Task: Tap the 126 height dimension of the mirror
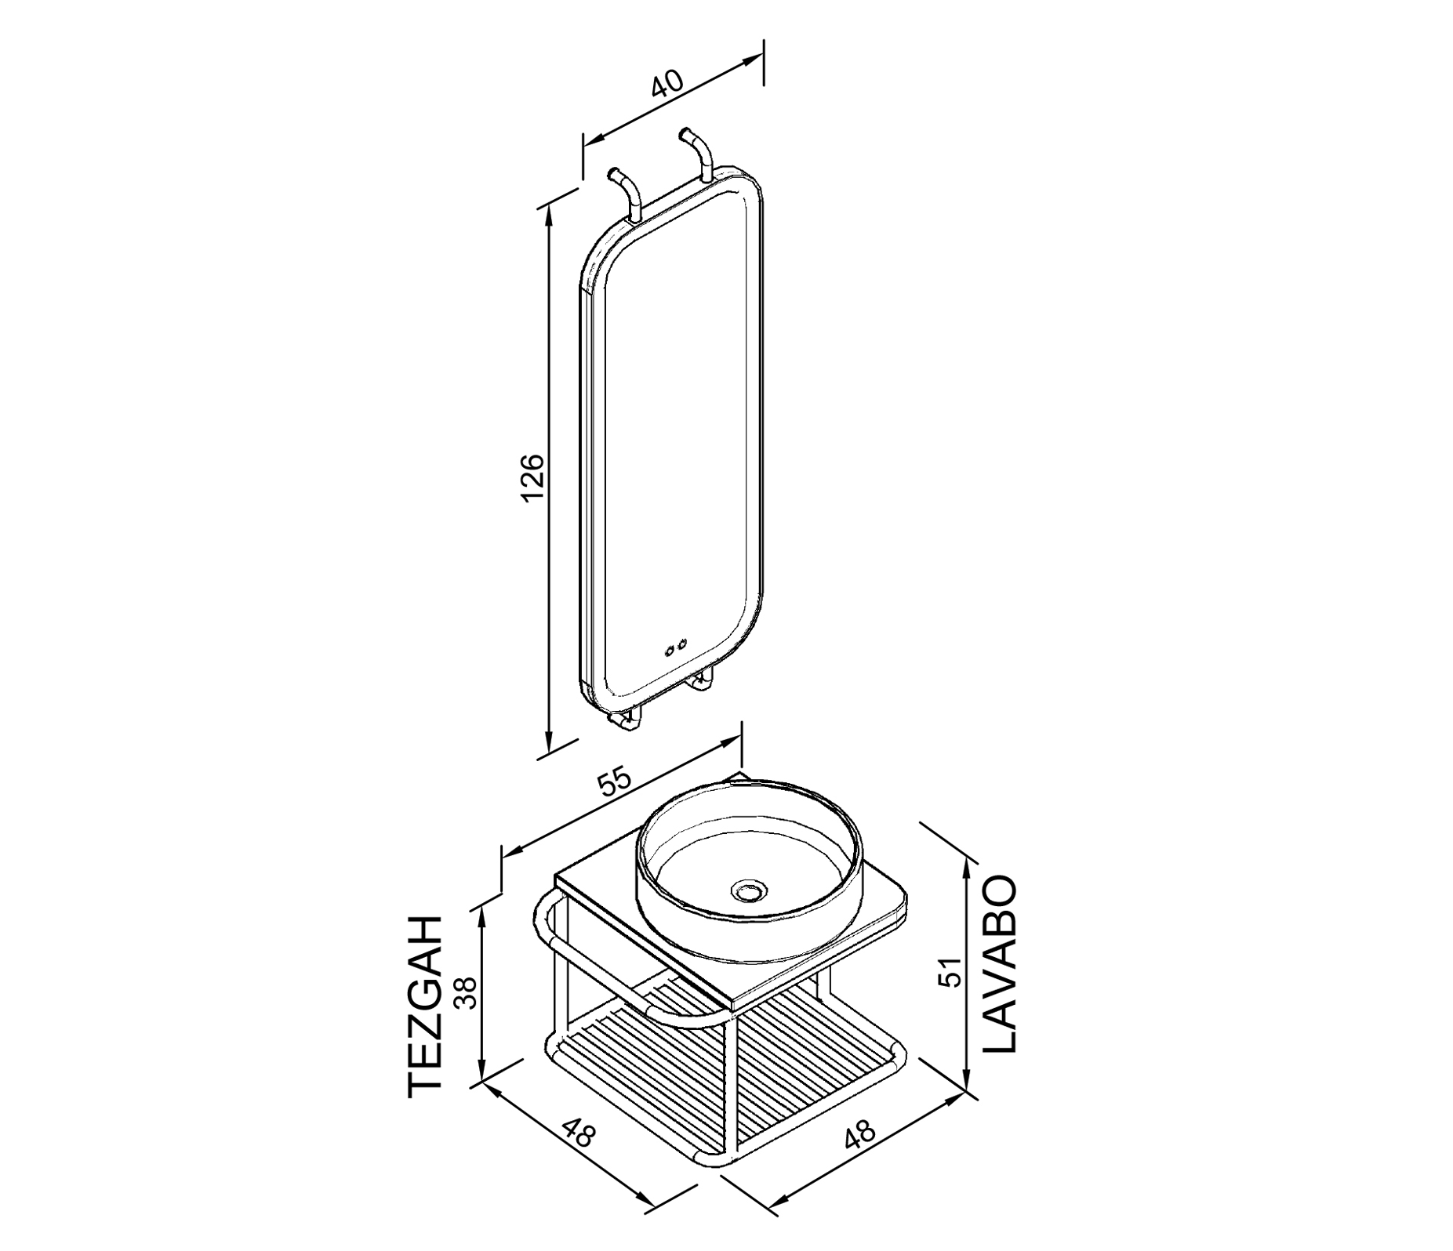point(532,477)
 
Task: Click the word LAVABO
point(999,963)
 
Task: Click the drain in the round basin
point(746,890)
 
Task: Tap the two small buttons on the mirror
point(675,648)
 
